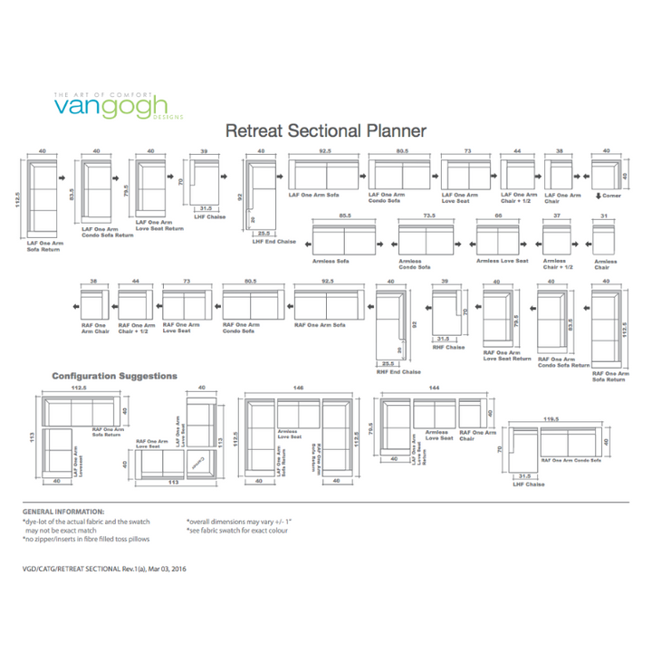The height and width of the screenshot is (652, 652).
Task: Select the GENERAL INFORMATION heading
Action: pyautogui.click(x=63, y=513)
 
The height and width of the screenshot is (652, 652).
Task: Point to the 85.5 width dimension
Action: pyautogui.click(x=344, y=216)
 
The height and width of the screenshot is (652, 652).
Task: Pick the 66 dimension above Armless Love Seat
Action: pyautogui.click(x=497, y=216)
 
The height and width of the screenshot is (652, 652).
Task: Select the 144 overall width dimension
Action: pyautogui.click(x=434, y=388)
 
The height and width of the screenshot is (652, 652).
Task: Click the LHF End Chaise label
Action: pyautogui.click(x=275, y=242)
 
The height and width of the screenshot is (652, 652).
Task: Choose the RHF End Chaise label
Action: pyautogui.click(x=398, y=371)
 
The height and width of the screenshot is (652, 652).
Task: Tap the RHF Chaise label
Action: pyautogui.click(x=448, y=347)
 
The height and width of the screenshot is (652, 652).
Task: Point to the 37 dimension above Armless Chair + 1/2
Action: pyautogui.click(x=557, y=216)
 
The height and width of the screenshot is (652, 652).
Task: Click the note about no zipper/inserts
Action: pyautogui.click(x=86, y=539)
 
